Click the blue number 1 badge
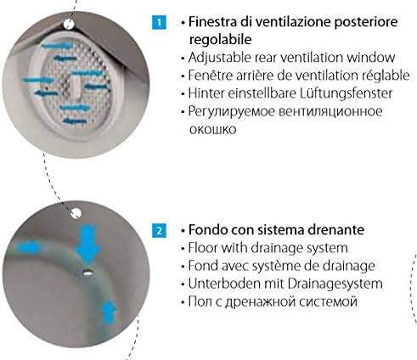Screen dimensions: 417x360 coord(159,22)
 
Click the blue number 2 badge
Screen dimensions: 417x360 coord(159,230)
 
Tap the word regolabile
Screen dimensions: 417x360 coord(220,39)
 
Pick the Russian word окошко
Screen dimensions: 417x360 coord(212,130)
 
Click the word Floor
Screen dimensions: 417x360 coord(203,248)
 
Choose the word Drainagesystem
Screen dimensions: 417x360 coord(335,284)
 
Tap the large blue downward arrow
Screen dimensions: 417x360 coord(89,244)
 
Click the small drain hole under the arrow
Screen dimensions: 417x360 coord(87,273)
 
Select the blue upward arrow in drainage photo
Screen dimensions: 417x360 coord(110,312)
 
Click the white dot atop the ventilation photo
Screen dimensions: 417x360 coord(68,25)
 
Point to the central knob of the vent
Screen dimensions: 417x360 coord(76,87)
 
